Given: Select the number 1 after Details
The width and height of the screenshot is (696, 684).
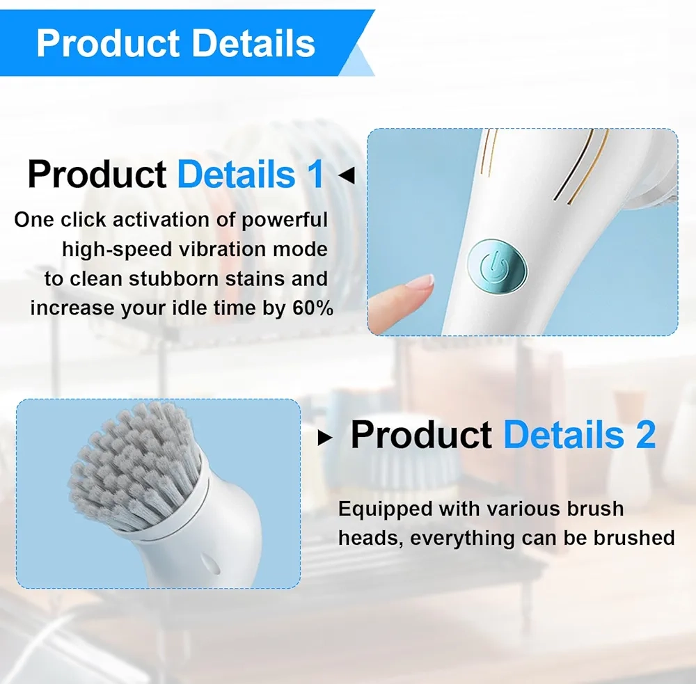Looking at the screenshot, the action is pos(316,174).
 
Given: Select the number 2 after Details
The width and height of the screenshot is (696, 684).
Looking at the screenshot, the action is pos(646,435).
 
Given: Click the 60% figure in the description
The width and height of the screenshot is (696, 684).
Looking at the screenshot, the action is pos(313,308).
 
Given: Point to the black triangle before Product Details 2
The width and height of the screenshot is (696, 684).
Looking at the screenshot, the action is pos(325,438).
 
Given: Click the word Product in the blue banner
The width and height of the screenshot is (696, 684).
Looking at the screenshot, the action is pos(108,43).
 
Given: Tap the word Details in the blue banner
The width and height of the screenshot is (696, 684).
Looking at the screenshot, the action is pos(253,43).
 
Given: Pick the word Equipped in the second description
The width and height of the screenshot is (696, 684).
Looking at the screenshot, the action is pos(386,509).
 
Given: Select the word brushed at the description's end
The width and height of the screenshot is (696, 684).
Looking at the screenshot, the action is pos(634,537).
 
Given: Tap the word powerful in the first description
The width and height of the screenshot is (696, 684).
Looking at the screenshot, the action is pos(285,220).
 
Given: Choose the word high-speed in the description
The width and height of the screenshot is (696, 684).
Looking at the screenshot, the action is pos(117,250).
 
